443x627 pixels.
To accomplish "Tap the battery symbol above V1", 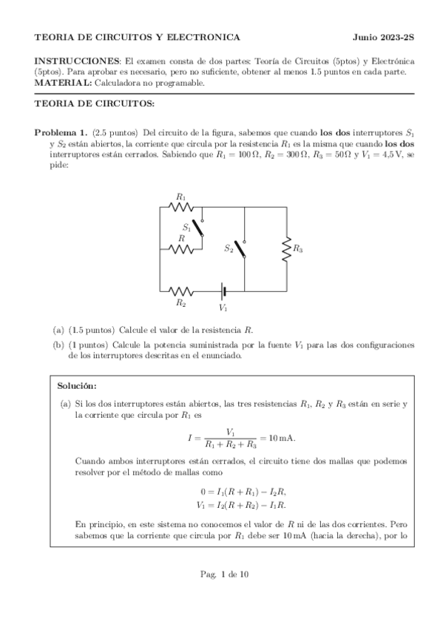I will coord(223,291).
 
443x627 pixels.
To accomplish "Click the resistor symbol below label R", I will coord(180,249).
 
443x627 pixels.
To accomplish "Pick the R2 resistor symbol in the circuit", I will coord(180,291).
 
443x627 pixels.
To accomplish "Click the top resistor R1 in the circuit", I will coord(180,207).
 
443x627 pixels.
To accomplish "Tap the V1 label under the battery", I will coord(223,307).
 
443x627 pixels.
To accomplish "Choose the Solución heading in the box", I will coord(76,385).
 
